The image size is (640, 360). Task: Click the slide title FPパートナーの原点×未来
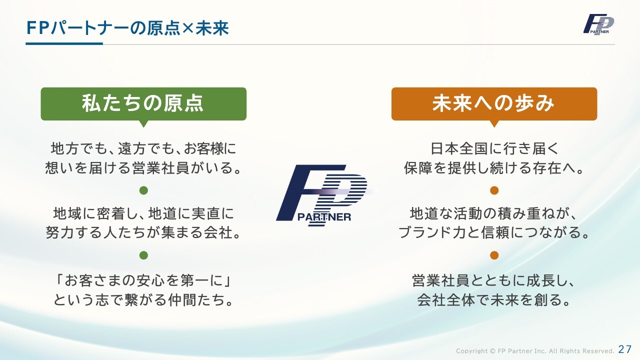pyautogui.click(x=127, y=28)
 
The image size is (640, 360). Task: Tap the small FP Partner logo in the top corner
pyautogui.click(x=598, y=24)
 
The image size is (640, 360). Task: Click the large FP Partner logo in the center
pyautogui.click(x=324, y=195)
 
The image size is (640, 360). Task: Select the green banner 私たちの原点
pyautogui.click(x=143, y=104)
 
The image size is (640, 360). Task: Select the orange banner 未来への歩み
pyautogui.click(x=494, y=104)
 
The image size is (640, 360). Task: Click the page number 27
pyautogui.click(x=625, y=349)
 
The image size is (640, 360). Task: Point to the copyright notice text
pyautogui.click(x=535, y=351)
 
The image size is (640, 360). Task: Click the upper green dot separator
pyautogui.click(x=143, y=190)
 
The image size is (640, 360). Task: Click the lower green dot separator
pyautogui.click(x=143, y=255)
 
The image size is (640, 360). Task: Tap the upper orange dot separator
pyautogui.click(x=494, y=190)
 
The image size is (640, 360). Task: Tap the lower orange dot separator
pyautogui.click(x=494, y=255)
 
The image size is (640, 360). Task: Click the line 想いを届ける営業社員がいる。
pyautogui.click(x=143, y=167)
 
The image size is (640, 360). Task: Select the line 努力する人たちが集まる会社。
pyautogui.click(x=143, y=232)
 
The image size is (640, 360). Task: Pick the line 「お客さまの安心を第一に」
pyautogui.click(x=143, y=280)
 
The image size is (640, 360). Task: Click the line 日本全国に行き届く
pyautogui.click(x=494, y=148)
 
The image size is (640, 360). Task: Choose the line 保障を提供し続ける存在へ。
pyautogui.click(x=494, y=167)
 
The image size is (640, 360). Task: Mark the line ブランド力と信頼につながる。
pyautogui.click(x=494, y=232)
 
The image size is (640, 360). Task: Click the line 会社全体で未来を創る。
pyautogui.click(x=494, y=299)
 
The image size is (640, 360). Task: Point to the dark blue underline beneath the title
pyautogui.click(x=64, y=43)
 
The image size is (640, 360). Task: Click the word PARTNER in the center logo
pyautogui.click(x=324, y=217)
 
